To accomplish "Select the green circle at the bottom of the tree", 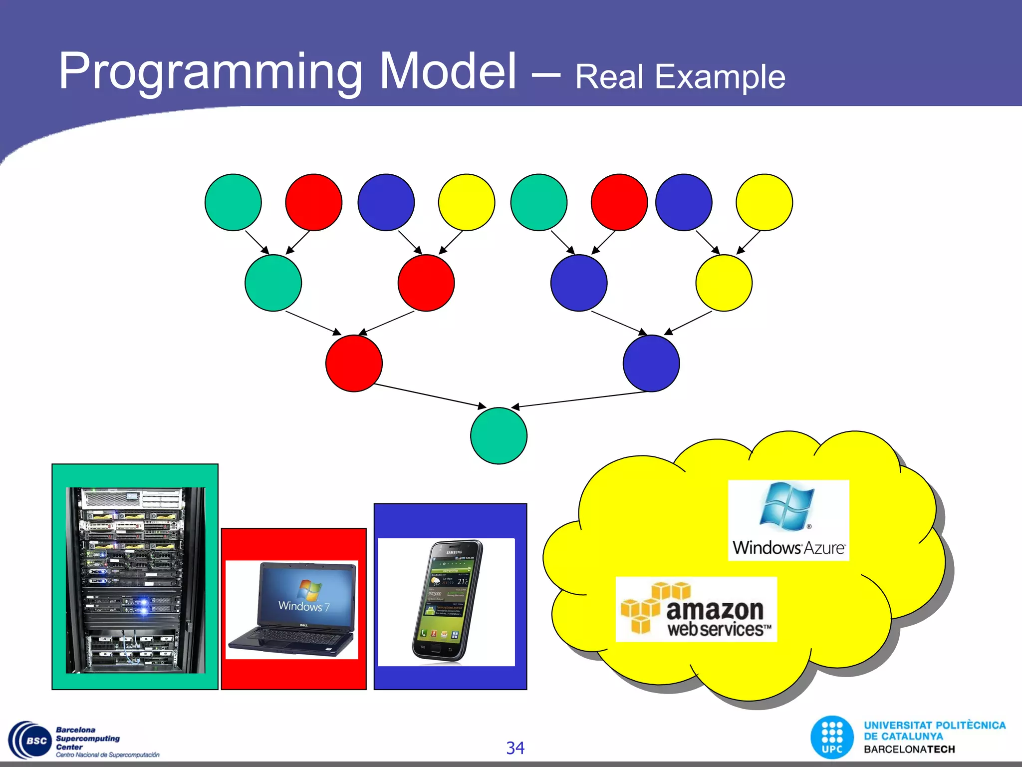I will pos(499,435).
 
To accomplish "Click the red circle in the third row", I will pos(354,363).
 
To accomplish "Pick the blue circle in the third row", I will pos(651,363).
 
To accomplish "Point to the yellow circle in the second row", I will pos(724,283).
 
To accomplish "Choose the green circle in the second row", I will pos(273,283).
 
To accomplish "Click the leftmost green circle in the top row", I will pos(233,202).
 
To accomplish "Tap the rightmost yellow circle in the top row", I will pos(764,202).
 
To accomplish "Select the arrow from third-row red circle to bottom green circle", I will pos(429,395).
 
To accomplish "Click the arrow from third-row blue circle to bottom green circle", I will pos(579,399).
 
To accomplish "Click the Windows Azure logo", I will pos(788,520).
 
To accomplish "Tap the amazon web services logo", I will pos(696,609).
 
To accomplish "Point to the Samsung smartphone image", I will pos(447,601).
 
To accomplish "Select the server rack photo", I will pos(135,579).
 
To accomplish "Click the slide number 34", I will pos(515,748).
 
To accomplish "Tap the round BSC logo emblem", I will pos(30,741).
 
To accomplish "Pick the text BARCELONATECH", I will pos(909,750).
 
